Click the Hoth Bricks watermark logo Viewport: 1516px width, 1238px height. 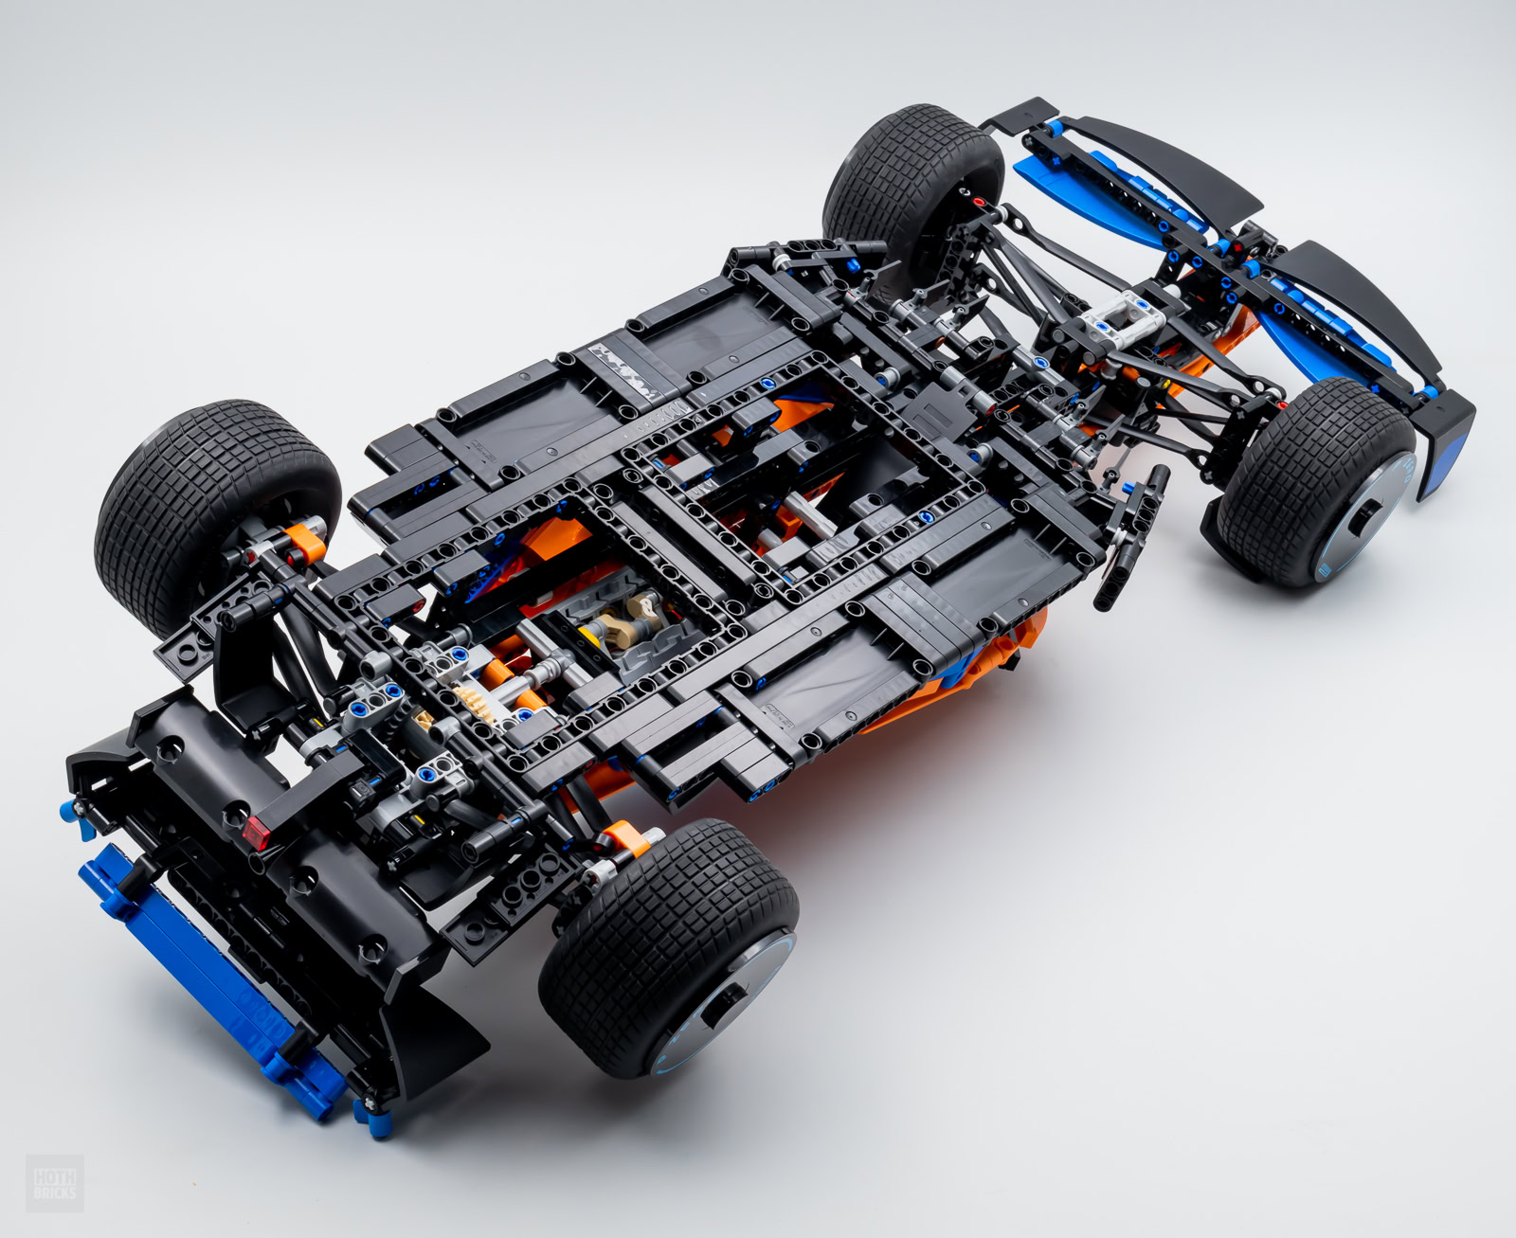coord(55,1183)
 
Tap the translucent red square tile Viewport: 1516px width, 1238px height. coord(256,833)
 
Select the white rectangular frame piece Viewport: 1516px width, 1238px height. coord(1123,321)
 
